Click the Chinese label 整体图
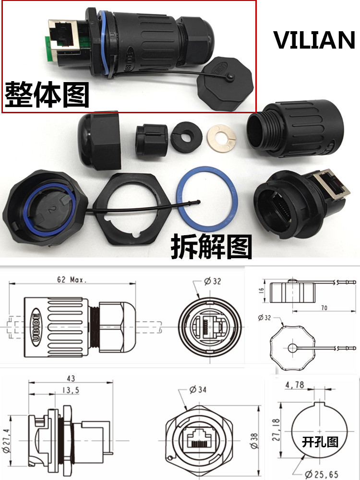pyautogui.click(x=48, y=95)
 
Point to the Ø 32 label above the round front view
pyautogui.click(x=213, y=282)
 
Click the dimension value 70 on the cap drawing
pyautogui.click(x=324, y=308)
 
